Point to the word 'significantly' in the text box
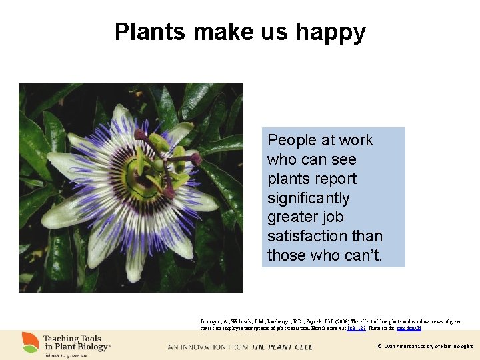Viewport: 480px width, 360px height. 309,198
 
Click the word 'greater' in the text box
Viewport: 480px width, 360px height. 293,217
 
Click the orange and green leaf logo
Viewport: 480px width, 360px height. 30,342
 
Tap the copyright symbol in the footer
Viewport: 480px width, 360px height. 379,347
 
